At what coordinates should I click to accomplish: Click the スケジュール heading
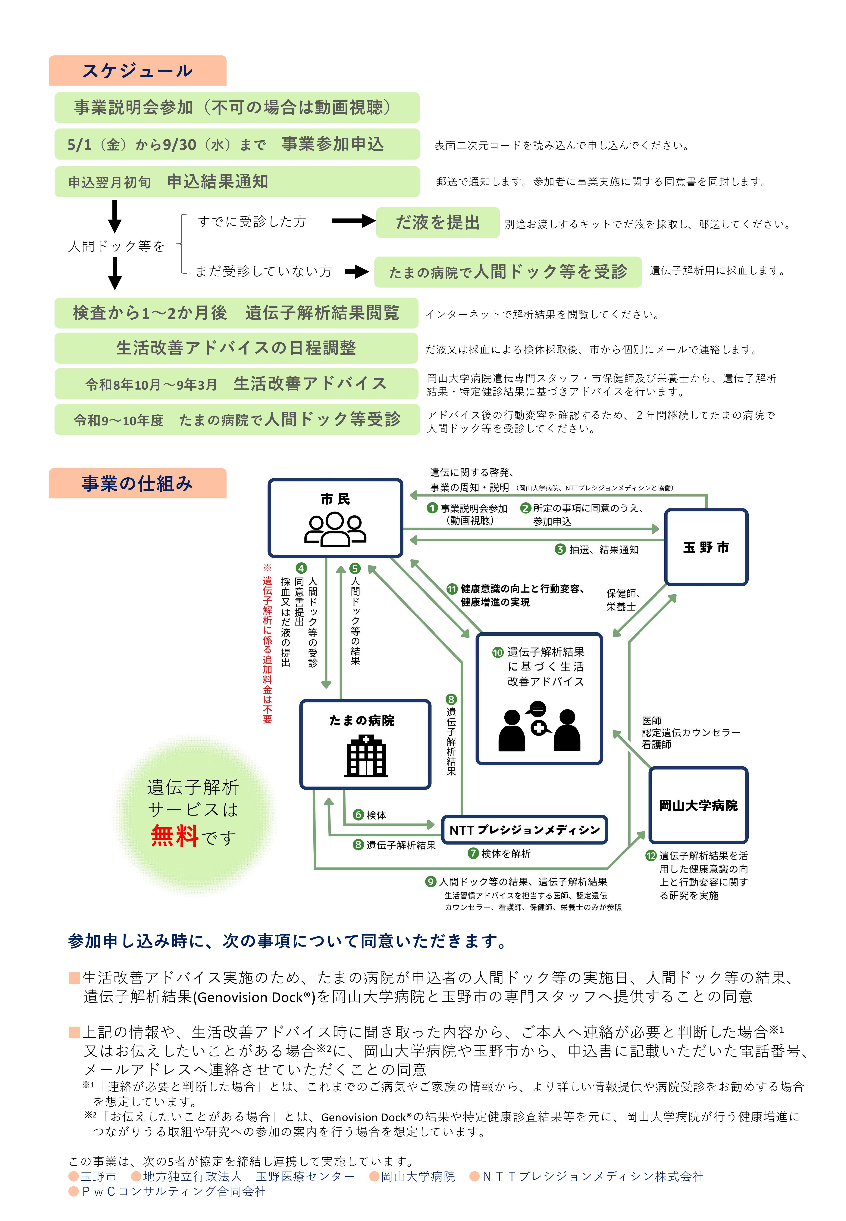(137, 70)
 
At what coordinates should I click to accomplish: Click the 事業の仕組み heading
(137, 483)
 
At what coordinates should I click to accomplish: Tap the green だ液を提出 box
(437, 222)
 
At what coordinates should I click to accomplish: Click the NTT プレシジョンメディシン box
(524, 829)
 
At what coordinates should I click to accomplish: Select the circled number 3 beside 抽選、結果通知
(560, 549)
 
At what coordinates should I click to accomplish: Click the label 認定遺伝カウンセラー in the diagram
(690, 733)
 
